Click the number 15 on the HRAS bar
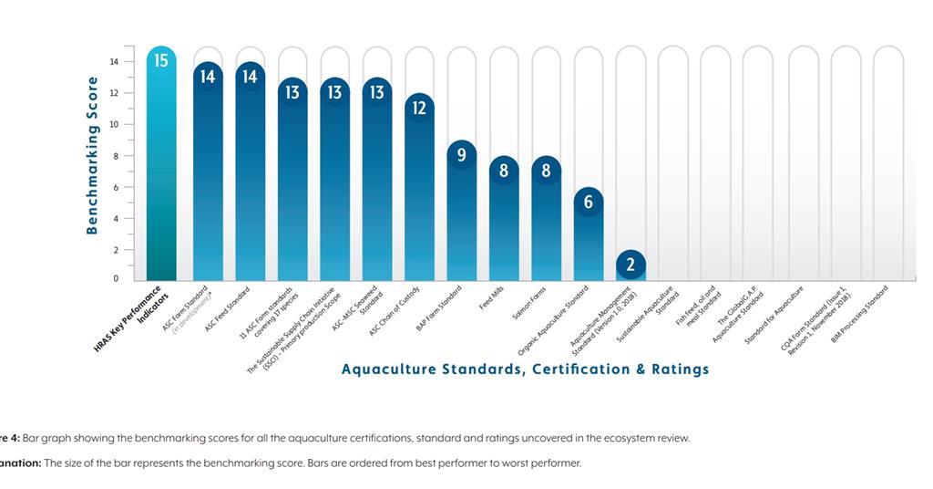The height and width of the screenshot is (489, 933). click(x=161, y=61)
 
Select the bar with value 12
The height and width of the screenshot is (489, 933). click(x=419, y=192)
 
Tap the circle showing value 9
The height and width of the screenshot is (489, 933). click(x=461, y=155)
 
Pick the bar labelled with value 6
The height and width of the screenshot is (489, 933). click(x=588, y=237)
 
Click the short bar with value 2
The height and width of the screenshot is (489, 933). click(x=631, y=266)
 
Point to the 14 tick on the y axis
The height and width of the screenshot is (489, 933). click(x=115, y=62)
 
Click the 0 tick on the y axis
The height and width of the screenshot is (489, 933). click(x=116, y=278)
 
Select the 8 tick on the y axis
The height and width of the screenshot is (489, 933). click(x=115, y=156)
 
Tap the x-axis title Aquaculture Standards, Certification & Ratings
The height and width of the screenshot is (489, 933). click(x=525, y=369)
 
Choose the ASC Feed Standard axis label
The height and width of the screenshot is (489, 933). click(x=228, y=307)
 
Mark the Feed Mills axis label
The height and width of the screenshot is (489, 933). click(x=493, y=297)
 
